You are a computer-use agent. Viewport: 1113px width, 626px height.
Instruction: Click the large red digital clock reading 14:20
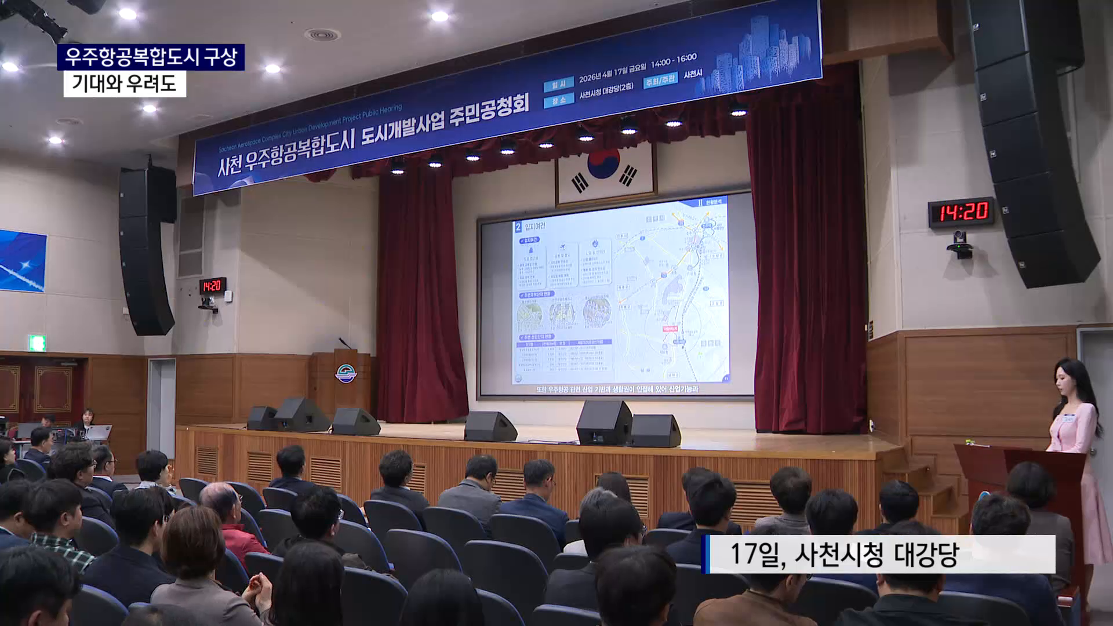point(961,212)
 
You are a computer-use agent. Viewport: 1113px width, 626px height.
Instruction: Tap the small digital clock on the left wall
point(212,285)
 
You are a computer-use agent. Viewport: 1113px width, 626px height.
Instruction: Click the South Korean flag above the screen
point(605,171)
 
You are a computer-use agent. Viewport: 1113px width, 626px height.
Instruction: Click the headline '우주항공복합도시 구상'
point(151,57)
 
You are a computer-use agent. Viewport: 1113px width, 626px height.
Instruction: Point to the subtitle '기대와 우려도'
point(124,84)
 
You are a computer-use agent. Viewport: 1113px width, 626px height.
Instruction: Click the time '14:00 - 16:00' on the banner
point(673,60)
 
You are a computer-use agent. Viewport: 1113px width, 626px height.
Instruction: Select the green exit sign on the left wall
point(38,343)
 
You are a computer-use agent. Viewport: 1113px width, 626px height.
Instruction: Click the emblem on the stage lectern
point(345,374)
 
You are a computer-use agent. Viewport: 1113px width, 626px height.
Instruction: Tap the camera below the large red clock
point(960,243)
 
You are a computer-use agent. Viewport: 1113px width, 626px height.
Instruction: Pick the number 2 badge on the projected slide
point(518,227)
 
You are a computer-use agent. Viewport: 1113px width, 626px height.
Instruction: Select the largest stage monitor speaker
point(604,423)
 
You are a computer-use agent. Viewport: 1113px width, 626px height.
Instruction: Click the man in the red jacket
point(232,522)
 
